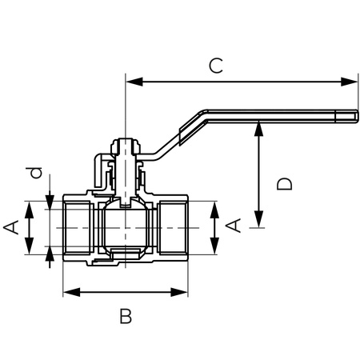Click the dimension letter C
click(215, 66)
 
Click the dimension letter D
click(284, 183)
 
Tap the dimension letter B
click(125, 317)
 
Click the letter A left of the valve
click(11, 228)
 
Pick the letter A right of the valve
click(234, 226)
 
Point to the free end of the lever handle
click(350, 118)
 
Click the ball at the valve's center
click(126, 227)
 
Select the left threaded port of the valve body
click(78, 228)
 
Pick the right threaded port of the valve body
click(172, 228)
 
